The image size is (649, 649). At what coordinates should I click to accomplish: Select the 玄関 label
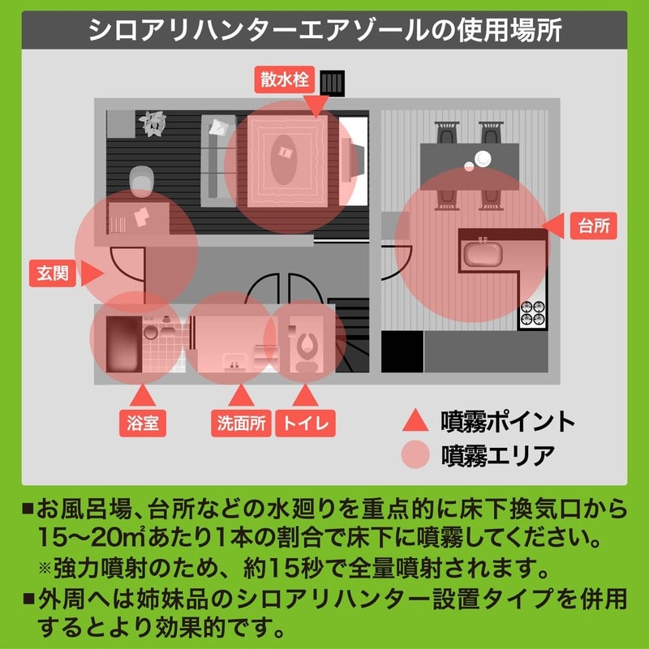[53, 274]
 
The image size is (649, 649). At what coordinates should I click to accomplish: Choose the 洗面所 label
[239, 422]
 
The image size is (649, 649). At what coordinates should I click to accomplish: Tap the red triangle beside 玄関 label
[91, 274]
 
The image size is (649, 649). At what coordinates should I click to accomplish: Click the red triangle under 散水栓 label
[316, 104]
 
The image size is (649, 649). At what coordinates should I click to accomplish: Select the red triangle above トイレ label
[305, 395]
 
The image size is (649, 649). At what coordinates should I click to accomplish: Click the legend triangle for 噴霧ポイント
[415, 420]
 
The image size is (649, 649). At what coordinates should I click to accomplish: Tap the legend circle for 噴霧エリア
[415, 453]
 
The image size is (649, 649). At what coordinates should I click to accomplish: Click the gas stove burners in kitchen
[533, 313]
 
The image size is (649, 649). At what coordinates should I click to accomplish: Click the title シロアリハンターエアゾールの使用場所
[324, 30]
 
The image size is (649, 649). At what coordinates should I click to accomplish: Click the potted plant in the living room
[151, 122]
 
